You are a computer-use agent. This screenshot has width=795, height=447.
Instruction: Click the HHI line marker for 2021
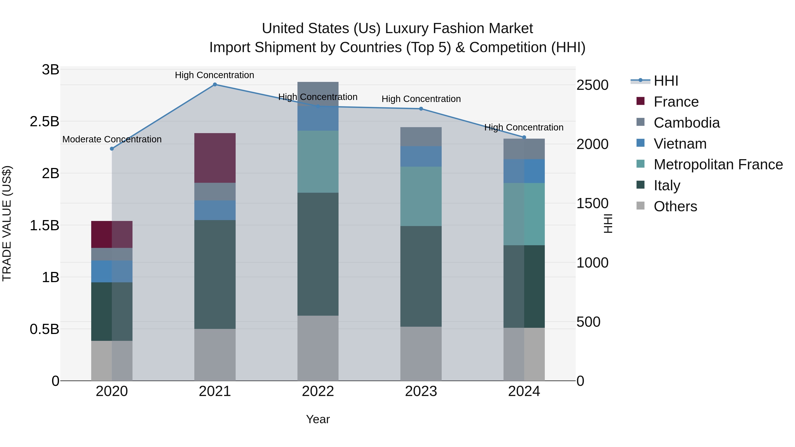tap(215, 85)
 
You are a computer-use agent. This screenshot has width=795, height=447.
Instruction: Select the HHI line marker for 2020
tap(112, 149)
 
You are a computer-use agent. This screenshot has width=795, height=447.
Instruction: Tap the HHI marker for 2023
tap(421, 109)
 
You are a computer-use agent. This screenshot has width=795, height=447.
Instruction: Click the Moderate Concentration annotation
tap(112, 140)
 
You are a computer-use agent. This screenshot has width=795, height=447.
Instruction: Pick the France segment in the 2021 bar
tap(215, 158)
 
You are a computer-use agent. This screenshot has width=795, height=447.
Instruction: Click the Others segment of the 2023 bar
tap(421, 354)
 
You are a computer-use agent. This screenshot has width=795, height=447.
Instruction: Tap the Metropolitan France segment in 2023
tap(421, 196)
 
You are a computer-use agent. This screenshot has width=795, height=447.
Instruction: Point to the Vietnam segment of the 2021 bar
tap(215, 210)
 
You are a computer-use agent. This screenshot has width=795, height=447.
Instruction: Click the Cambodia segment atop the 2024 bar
tap(524, 149)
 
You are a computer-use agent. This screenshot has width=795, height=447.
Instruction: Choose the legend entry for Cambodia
tap(686, 123)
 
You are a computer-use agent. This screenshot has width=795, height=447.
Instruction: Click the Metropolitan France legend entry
tap(718, 164)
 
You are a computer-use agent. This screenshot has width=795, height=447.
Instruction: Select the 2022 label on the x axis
tap(318, 391)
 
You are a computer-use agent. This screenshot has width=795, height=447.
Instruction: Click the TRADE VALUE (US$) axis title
tap(7, 223)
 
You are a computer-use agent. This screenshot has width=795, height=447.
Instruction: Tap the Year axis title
tap(318, 419)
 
